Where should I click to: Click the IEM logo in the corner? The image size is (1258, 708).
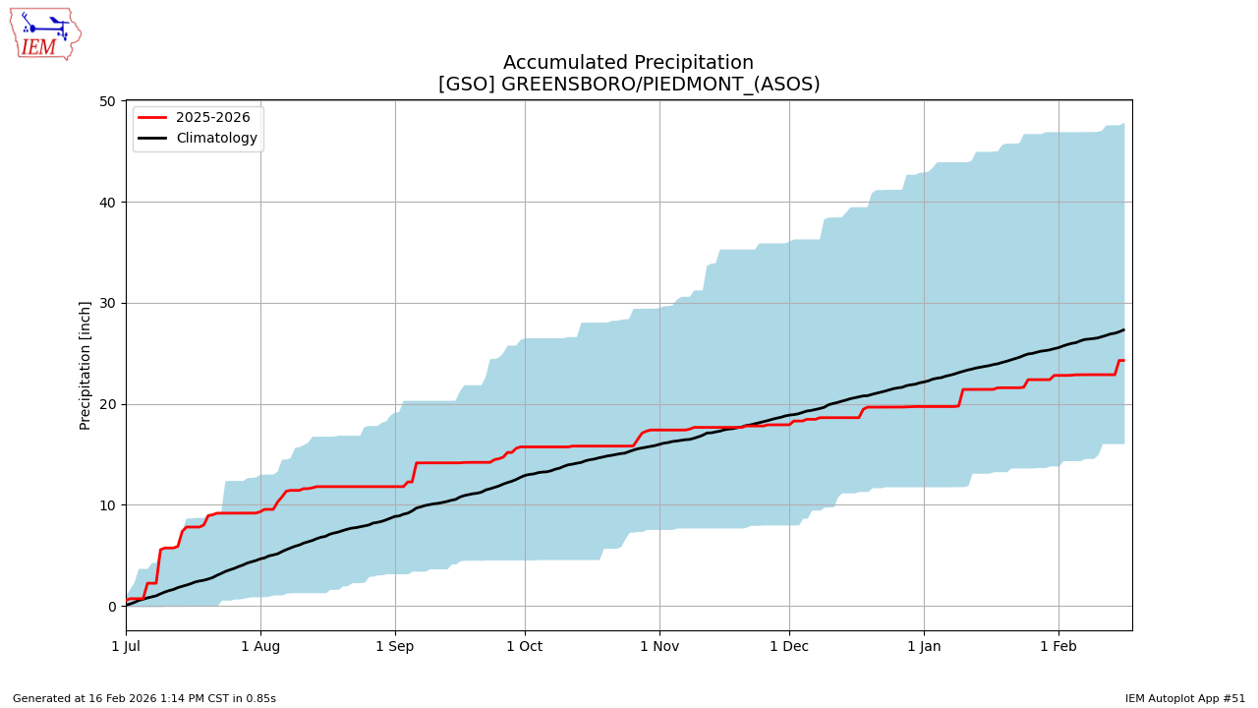click(x=45, y=33)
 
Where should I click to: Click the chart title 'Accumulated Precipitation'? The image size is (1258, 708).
click(x=628, y=63)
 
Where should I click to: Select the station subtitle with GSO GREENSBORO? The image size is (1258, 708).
click(x=628, y=85)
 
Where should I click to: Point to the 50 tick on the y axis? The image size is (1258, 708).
click(x=107, y=101)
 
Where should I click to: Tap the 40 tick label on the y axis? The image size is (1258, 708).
click(x=107, y=203)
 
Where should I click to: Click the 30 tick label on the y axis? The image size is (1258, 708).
click(x=107, y=303)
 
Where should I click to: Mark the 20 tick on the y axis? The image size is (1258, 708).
click(x=107, y=404)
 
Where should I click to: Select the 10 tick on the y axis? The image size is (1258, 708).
click(x=107, y=505)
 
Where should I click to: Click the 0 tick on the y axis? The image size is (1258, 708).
click(x=112, y=607)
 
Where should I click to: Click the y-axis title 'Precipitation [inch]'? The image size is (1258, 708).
click(x=86, y=365)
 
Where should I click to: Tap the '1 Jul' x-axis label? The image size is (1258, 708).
click(x=126, y=646)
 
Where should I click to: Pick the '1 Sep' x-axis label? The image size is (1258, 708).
click(x=395, y=646)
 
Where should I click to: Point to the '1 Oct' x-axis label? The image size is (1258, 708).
click(x=525, y=646)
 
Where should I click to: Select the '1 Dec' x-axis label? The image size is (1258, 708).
click(x=789, y=646)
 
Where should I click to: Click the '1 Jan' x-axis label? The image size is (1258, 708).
click(x=924, y=646)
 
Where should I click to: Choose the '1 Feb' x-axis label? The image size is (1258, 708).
click(x=1058, y=646)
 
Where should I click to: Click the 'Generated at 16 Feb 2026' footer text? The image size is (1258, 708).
click(x=144, y=699)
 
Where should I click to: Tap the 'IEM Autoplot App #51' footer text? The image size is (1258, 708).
click(x=1185, y=699)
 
